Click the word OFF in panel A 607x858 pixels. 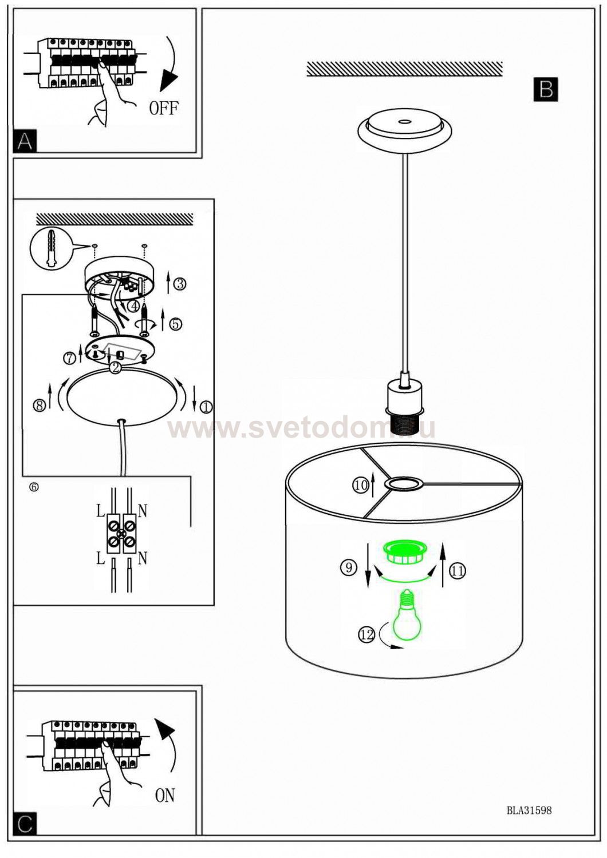tap(164, 109)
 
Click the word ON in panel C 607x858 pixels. tap(165, 796)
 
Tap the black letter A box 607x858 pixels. tap(25, 141)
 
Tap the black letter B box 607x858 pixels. tap(545, 89)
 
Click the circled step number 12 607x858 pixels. tap(366, 635)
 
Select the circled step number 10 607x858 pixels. tap(360, 486)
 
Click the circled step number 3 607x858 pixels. tap(180, 284)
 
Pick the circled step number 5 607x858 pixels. tap(175, 324)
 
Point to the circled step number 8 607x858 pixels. tap(40, 405)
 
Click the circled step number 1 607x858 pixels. tap(206, 407)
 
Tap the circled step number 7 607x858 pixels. tap(70, 358)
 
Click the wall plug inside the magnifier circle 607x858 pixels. tap(50, 248)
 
